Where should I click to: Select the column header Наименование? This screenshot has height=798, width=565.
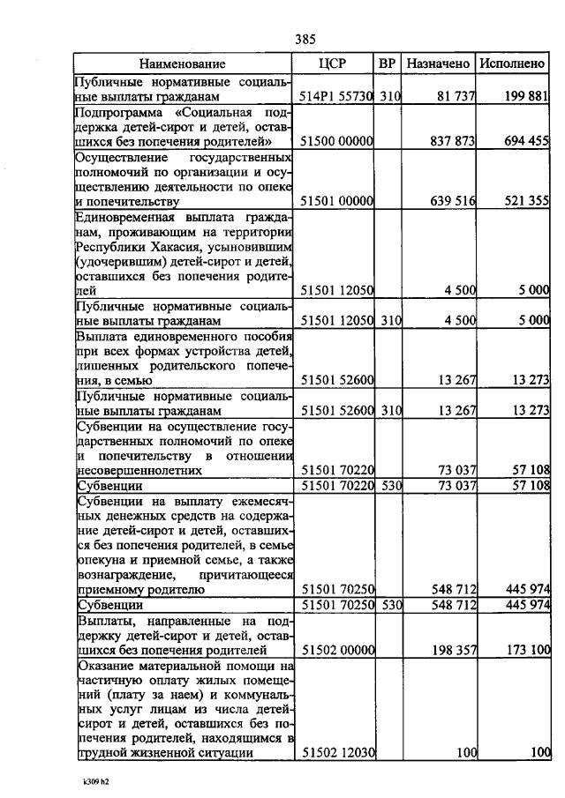click(x=182, y=63)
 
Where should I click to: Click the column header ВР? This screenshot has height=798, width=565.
click(x=387, y=63)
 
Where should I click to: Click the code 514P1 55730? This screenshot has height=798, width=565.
click(x=338, y=95)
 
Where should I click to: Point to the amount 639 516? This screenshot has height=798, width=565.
click(x=452, y=201)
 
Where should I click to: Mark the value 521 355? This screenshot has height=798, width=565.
click(x=526, y=201)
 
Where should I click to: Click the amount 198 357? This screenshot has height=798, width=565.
click(x=452, y=651)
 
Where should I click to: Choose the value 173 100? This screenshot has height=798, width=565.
click(x=526, y=651)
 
